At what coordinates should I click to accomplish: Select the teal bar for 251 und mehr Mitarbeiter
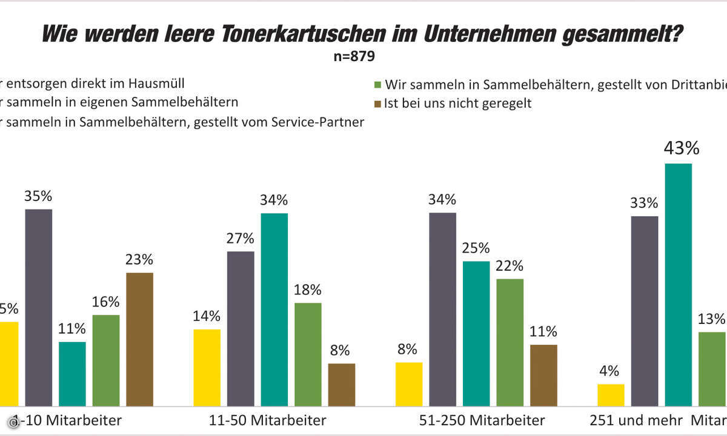(678, 285)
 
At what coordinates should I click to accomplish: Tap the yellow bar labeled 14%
(207, 368)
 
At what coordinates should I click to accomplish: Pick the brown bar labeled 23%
(140, 339)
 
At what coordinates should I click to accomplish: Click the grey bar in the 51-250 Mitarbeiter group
(442, 309)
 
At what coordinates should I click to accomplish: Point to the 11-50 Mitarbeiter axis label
(262, 420)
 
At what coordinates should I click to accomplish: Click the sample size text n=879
(354, 58)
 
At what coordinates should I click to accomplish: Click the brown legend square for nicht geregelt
(377, 104)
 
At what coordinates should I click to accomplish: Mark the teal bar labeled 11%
(72, 374)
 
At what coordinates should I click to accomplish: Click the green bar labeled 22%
(510, 342)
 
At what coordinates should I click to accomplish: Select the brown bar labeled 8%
(342, 385)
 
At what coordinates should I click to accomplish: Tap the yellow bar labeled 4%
(611, 395)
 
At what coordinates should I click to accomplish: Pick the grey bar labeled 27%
(241, 328)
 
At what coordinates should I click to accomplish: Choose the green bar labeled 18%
(308, 354)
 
